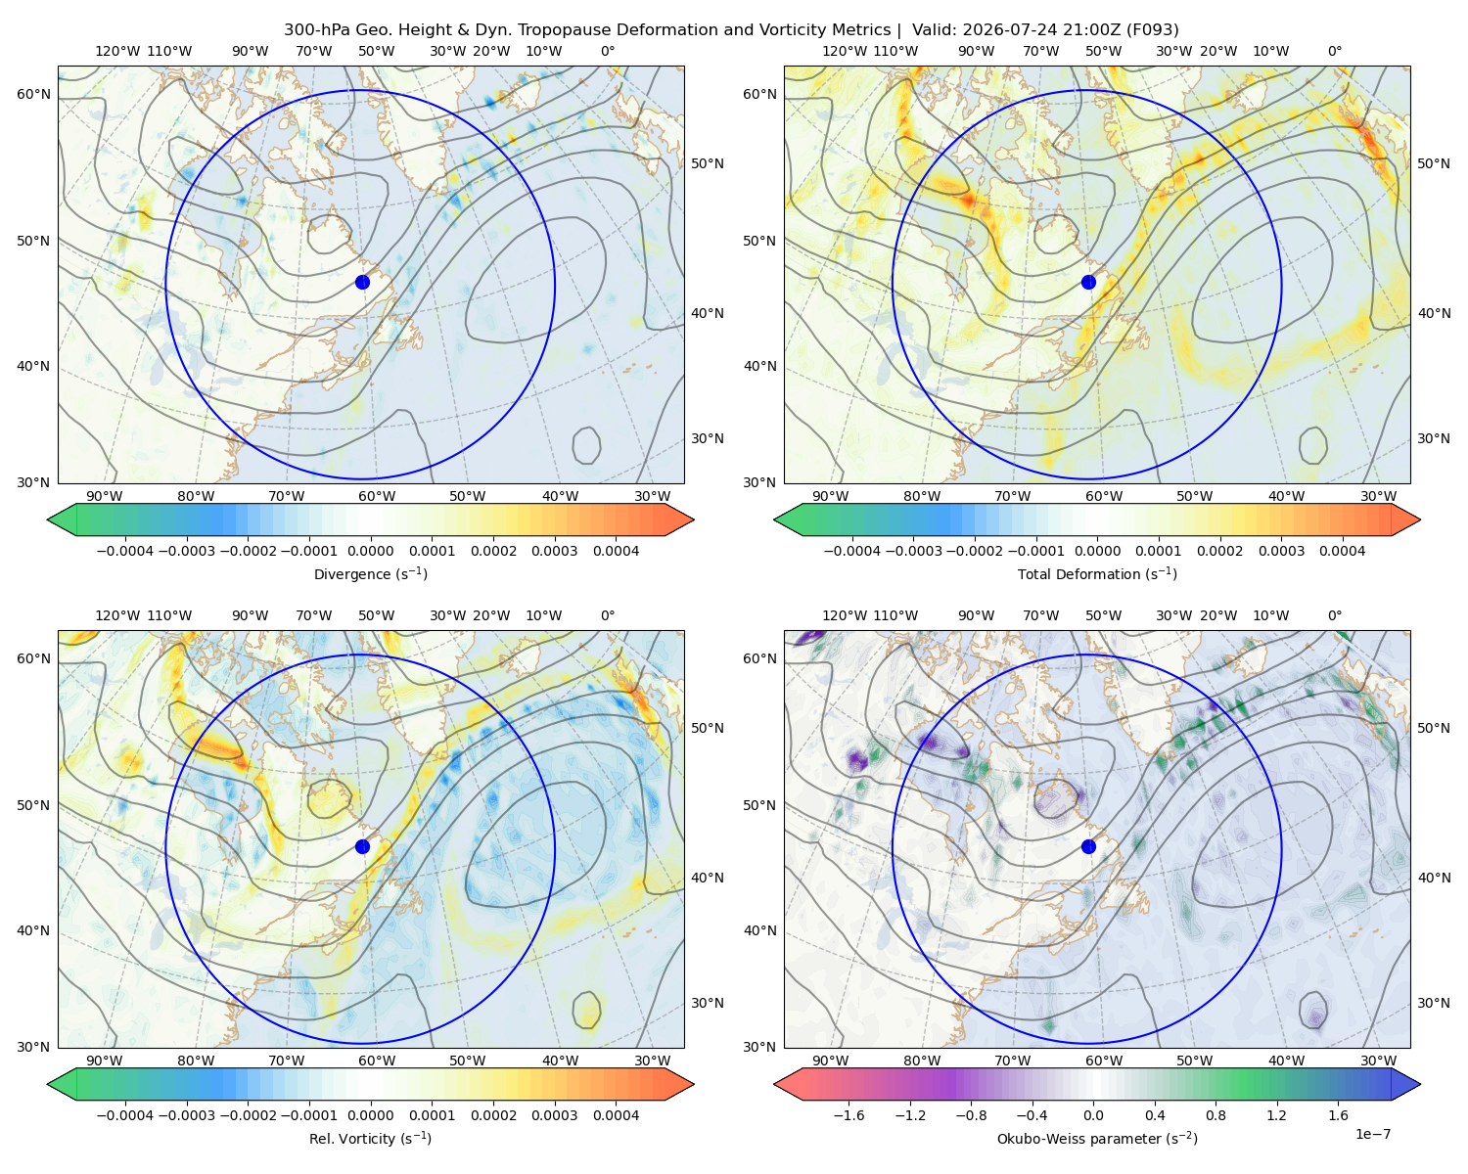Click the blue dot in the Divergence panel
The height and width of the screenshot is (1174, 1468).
(x=362, y=282)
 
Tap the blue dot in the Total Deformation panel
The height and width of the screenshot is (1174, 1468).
(x=1088, y=282)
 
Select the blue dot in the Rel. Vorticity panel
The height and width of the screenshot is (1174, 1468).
(x=362, y=846)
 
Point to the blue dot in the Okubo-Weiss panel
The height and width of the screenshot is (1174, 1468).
(x=1088, y=846)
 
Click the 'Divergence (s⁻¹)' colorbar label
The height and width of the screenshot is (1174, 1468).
(x=370, y=573)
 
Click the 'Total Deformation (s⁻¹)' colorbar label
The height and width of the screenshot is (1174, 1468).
(x=1097, y=573)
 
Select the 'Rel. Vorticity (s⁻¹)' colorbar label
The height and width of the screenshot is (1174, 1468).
(x=370, y=1139)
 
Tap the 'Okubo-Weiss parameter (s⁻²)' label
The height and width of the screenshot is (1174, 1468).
(x=1097, y=1139)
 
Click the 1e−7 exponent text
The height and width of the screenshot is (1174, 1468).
(x=1372, y=1134)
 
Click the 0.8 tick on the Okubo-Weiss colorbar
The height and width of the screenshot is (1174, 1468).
(x=1216, y=1115)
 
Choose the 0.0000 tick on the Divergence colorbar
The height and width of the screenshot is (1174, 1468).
(x=370, y=551)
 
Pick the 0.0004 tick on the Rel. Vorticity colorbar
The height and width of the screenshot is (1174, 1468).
(x=616, y=1115)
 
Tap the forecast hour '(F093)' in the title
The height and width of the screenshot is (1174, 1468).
(x=1152, y=30)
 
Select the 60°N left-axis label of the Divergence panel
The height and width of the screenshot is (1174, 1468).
(x=33, y=94)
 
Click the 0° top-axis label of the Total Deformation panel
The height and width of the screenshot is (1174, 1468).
(x=1334, y=51)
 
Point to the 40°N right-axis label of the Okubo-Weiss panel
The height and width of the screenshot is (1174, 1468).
(x=1434, y=878)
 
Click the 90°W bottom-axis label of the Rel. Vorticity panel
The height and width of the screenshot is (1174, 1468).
(x=105, y=1061)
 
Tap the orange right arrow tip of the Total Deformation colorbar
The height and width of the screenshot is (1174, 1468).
(x=1420, y=519)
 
